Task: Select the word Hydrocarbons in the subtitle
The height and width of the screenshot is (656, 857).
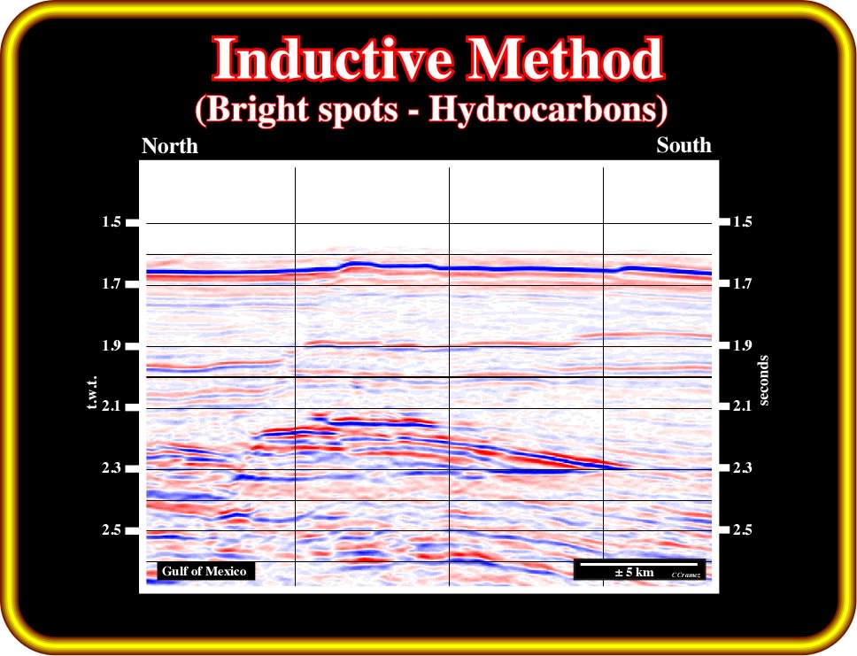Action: (548, 110)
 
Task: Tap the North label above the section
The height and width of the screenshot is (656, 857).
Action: (170, 146)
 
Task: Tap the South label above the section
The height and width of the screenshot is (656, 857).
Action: (683, 145)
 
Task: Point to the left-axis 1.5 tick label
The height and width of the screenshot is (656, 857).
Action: (111, 222)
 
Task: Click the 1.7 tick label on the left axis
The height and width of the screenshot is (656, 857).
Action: (111, 283)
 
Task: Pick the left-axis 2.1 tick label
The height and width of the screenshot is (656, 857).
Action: (111, 406)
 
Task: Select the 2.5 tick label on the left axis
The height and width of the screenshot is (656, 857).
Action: (111, 529)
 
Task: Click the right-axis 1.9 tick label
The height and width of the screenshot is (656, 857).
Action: (742, 345)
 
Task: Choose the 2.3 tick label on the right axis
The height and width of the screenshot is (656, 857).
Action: (742, 467)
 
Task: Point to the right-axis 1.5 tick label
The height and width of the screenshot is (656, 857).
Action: (742, 221)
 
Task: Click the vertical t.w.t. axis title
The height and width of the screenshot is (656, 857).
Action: (91, 392)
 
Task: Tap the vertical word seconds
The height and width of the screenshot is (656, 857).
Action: (763, 381)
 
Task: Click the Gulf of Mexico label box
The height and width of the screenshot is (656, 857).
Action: (204, 571)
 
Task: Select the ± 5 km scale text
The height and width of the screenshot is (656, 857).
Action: (634, 573)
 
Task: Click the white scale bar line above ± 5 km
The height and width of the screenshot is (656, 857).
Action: (639, 564)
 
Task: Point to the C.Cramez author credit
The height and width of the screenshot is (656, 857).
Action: (686, 575)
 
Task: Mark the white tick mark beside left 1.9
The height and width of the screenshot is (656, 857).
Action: (132, 345)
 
